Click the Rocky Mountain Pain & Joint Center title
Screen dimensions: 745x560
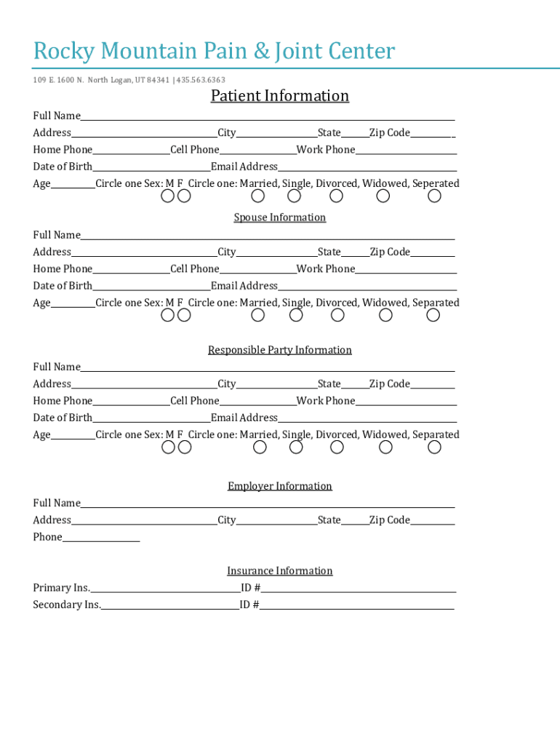point(214,52)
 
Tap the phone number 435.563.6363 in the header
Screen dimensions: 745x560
point(201,80)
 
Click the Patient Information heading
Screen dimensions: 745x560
point(280,96)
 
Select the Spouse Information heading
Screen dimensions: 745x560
point(280,218)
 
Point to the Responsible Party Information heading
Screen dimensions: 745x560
point(280,350)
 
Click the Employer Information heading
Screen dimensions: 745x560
point(280,486)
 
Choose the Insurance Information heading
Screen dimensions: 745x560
point(280,571)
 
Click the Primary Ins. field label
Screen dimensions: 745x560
point(61,588)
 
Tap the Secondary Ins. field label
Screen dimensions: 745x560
point(67,605)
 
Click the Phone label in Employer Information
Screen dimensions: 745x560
point(47,537)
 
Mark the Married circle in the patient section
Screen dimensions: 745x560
point(258,196)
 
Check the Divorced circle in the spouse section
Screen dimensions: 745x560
point(337,315)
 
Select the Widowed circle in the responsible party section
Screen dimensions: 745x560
point(385,447)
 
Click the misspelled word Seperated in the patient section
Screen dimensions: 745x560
point(436,183)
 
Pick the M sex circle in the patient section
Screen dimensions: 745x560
point(168,196)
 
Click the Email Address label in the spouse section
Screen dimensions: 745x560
point(244,286)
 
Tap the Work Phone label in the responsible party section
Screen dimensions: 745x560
point(326,401)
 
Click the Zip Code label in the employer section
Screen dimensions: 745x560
point(390,520)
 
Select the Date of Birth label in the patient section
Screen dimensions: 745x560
point(63,167)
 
